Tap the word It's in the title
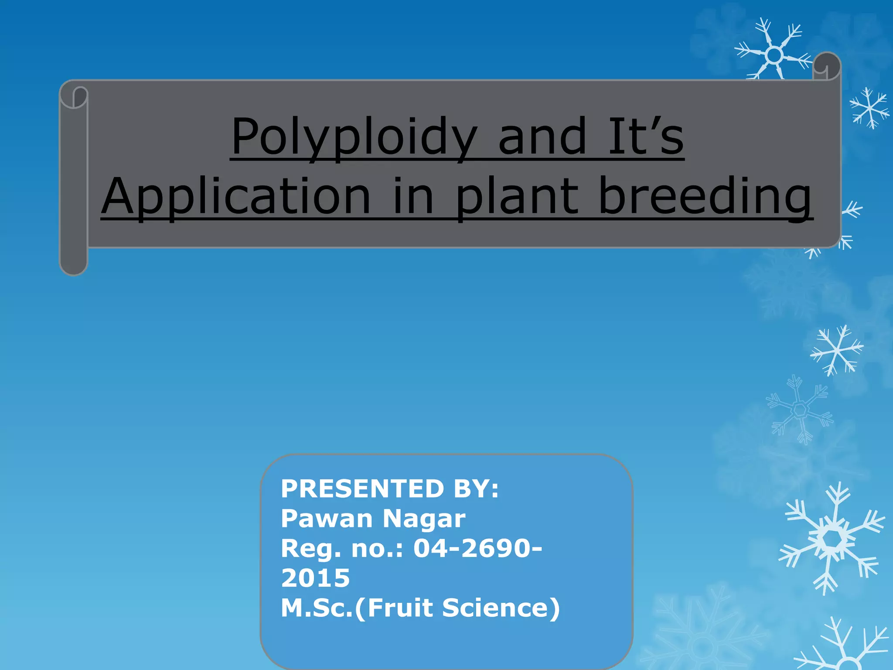click(x=645, y=137)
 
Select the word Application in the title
click(x=236, y=197)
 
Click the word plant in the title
click(x=517, y=197)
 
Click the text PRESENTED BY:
click(x=389, y=489)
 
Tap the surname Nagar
click(x=424, y=519)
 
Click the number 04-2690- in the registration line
click(x=477, y=548)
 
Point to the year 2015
click(x=315, y=578)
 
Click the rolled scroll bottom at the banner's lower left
click(x=74, y=262)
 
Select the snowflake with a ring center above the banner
click(x=774, y=55)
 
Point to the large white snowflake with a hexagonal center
click(x=833, y=539)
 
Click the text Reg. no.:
click(x=342, y=548)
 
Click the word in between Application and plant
click(x=413, y=197)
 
